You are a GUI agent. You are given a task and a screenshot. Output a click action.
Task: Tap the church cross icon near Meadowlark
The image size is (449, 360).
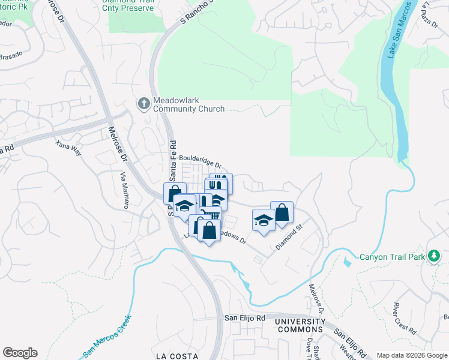pos(144,104)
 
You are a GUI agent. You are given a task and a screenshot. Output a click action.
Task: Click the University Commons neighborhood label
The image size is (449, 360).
pos(300,326)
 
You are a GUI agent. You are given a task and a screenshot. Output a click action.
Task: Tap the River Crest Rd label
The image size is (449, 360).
pos(405,319)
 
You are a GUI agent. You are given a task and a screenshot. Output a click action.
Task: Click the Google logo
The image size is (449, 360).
pos(20,353)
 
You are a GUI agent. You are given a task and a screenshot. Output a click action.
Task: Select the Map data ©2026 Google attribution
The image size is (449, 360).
pos(411,355)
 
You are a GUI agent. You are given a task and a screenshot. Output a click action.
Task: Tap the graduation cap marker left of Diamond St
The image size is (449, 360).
pos(264,220)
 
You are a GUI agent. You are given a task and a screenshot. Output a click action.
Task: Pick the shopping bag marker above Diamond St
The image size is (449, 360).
pos(282,212)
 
